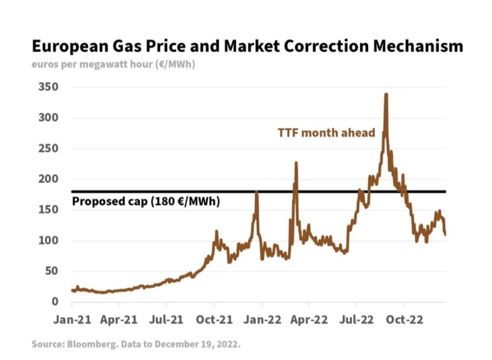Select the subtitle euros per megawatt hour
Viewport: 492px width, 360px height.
point(113,64)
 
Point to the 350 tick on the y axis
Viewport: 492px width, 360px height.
point(49,87)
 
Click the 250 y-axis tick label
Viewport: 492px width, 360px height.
point(49,149)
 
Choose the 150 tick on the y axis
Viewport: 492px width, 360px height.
point(49,210)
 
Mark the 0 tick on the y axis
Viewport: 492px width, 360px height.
point(55,302)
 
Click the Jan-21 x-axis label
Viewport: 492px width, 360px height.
point(72,319)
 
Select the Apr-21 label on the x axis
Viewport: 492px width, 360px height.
point(119,319)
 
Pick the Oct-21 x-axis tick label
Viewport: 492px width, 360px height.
point(213,319)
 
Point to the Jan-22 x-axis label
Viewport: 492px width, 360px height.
point(261,319)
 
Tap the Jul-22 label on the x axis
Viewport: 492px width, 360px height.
point(356,319)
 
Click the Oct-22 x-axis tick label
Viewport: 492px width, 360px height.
point(404,319)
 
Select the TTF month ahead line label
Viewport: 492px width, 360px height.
point(326,133)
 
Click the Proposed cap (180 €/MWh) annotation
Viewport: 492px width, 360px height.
point(146,201)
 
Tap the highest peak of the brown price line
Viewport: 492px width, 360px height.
point(386,95)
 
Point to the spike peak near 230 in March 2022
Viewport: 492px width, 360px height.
point(296,163)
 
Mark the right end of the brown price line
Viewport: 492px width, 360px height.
point(445,234)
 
